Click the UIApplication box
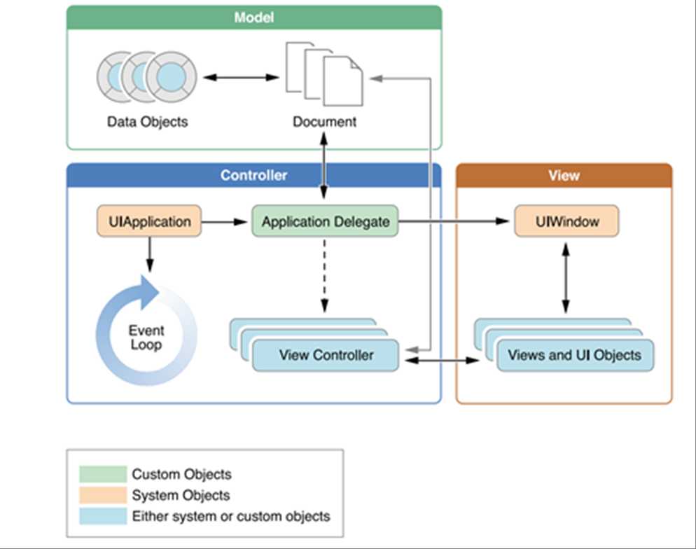coord(149,222)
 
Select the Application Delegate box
coord(326,222)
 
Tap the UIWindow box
coord(566,222)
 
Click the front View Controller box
coord(326,355)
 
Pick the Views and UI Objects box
coord(574,355)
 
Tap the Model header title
coord(253,18)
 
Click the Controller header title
coord(253,175)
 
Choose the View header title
coord(564,175)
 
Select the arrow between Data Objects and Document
coord(238,76)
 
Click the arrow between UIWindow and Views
coord(566,279)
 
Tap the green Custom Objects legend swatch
coord(103,474)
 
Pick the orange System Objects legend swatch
coord(103,495)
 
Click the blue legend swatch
coord(103,517)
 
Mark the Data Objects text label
coord(147,122)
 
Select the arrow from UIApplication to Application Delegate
coord(225,222)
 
